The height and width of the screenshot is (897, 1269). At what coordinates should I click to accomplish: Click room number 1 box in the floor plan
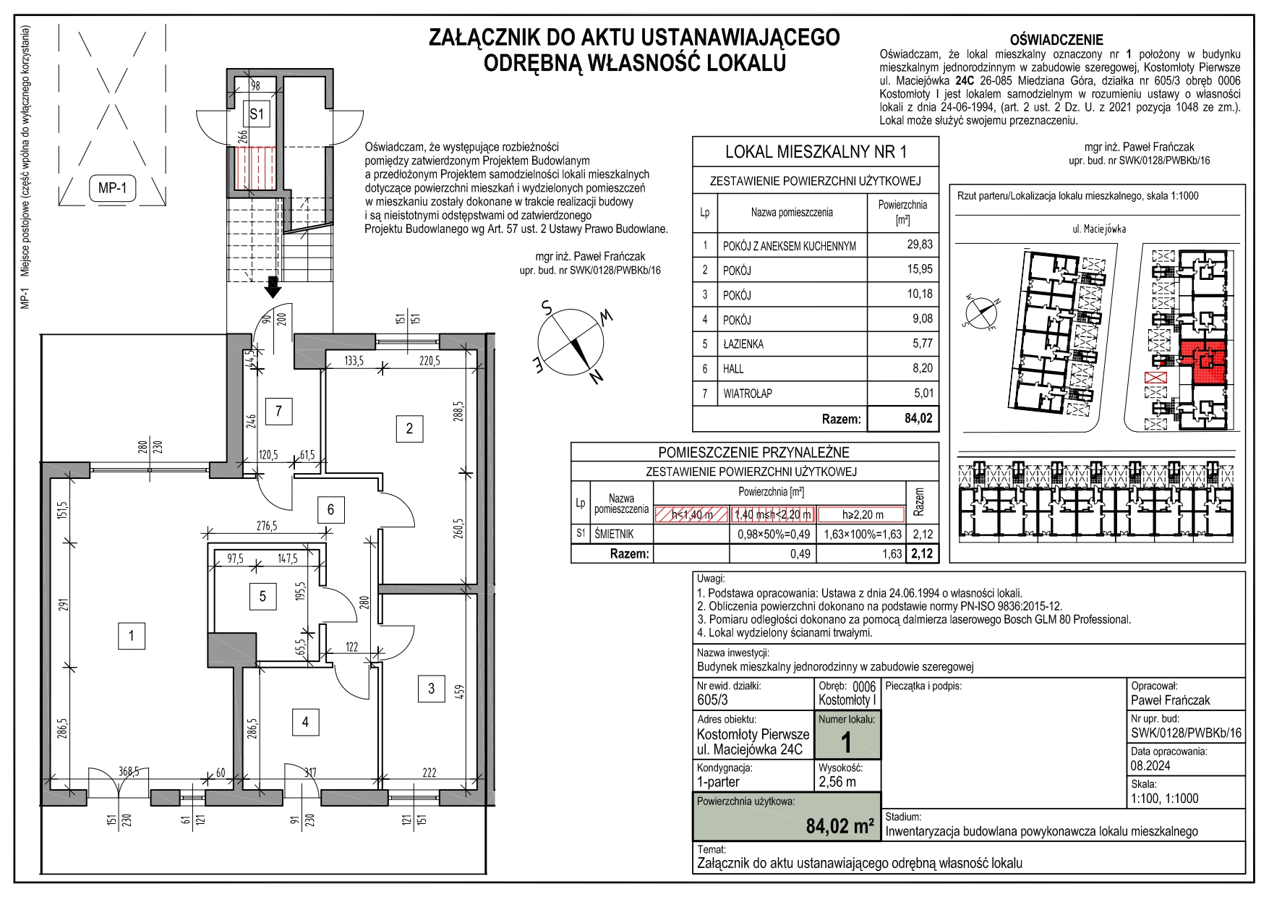131,636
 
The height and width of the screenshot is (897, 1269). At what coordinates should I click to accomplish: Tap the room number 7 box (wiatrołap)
278,412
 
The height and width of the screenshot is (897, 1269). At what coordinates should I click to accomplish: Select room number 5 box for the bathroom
262,596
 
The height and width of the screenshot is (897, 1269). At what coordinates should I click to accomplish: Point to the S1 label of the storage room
257,114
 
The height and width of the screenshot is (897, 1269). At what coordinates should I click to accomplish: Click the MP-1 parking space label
112,189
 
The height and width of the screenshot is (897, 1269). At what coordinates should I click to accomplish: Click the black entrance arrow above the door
273,287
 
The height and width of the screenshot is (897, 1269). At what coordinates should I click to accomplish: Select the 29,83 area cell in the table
920,245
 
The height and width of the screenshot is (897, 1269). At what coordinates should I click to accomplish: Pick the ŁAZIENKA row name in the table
743,344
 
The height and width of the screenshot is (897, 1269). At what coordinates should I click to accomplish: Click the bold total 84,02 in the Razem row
918,418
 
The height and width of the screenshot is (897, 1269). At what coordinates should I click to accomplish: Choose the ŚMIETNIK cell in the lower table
614,535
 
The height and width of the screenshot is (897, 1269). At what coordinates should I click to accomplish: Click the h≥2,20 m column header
863,515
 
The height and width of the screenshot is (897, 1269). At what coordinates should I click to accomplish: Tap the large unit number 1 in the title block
846,743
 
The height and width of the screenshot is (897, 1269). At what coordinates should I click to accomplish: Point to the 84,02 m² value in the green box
839,825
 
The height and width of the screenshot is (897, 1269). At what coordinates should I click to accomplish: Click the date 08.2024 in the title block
1150,765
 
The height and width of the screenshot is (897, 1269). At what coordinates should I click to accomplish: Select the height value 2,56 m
837,781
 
